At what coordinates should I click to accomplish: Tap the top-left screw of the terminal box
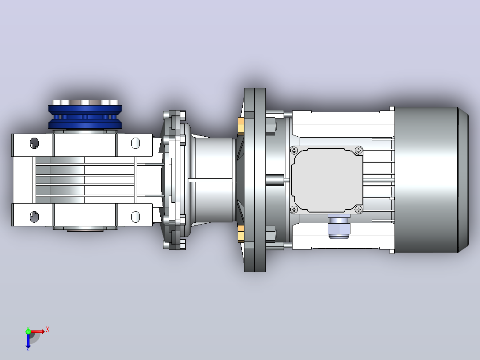click(294, 151)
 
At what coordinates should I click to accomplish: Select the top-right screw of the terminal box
click(358, 151)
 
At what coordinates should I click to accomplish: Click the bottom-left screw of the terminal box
click(294, 209)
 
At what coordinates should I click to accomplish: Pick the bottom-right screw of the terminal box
click(358, 209)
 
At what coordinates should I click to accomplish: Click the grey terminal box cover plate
click(327, 180)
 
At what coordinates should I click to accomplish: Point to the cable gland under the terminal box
click(339, 227)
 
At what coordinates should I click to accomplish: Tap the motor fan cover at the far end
click(431, 180)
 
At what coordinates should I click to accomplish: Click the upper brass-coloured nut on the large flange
click(241, 126)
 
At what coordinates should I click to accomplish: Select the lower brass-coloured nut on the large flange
click(241, 234)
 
